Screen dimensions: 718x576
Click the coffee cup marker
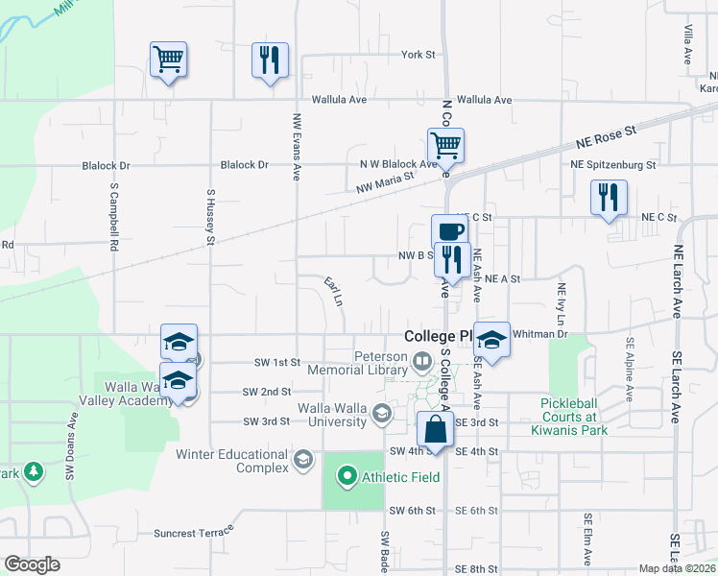(x=449, y=231)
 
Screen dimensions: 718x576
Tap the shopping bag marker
(x=436, y=430)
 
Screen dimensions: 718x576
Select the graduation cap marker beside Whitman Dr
(x=491, y=341)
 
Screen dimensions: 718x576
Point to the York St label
(x=419, y=55)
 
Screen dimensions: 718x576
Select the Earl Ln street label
(x=334, y=291)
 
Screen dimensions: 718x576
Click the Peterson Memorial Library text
(x=357, y=362)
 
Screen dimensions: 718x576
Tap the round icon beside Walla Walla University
(x=382, y=414)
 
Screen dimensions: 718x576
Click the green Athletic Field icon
(x=347, y=474)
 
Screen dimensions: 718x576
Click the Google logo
(x=32, y=564)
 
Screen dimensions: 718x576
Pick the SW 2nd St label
(x=266, y=392)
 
